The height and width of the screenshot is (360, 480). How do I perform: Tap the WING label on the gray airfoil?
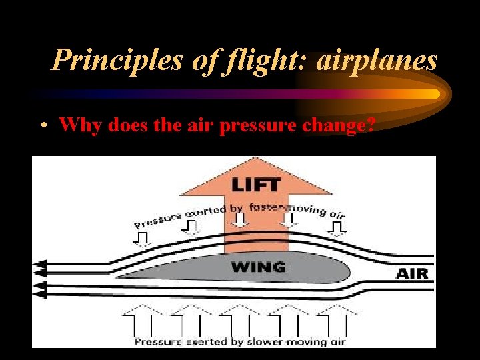258,267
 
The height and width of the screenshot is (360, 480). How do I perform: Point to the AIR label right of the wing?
412,273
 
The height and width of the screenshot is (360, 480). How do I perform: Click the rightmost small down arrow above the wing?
337,228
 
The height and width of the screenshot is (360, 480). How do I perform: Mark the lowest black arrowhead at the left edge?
40,294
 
